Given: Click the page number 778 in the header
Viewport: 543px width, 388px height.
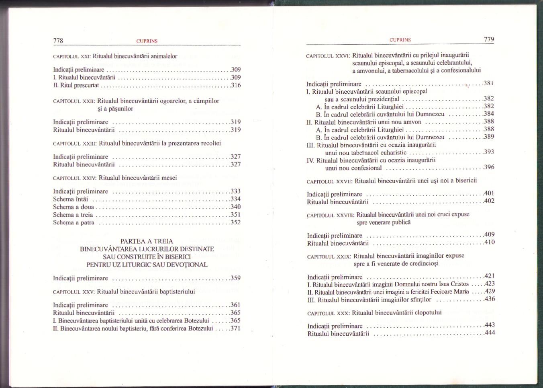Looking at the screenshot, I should pyautogui.click(x=58, y=41).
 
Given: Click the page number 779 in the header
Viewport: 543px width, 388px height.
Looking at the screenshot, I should pyautogui.click(x=489, y=39).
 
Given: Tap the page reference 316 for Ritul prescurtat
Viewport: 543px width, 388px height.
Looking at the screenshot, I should pyautogui.click(x=236, y=85).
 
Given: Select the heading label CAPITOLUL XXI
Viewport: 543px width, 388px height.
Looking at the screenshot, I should pyautogui.click(x=71, y=57).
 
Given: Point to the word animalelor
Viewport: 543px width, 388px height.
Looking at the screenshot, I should pyautogui.click(x=164, y=56).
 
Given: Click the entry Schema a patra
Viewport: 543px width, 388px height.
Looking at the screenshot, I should pyautogui.click(x=73, y=223).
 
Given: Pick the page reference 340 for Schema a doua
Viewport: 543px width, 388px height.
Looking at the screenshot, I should pyautogui.click(x=236, y=207).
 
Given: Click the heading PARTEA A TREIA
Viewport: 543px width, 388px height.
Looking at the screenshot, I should pyautogui.click(x=147, y=241).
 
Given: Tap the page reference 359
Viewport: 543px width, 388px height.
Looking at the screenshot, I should pyautogui.click(x=236, y=278).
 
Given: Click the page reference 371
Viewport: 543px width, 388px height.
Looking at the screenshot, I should pyautogui.click(x=236, y=328).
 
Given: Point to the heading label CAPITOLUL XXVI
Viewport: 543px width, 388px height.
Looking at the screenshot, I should pyautogui.click(x=328, y=56).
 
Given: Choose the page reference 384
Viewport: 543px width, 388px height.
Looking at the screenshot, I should pyautogui.click(x=489, y=114).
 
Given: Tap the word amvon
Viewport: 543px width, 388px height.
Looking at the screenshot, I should pyautogui.click(x=413, y=122).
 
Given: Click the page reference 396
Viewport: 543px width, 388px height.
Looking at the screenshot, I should pyautogui.click(x=489, y=167).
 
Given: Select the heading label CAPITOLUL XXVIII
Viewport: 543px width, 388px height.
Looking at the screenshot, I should pyautogui.click(x=330, y=216).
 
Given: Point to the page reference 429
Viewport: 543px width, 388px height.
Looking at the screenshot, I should pyautogui.click(x=490, y=292).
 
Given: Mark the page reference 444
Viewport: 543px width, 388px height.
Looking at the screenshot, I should pyautogui.click(x=490, y=333).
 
